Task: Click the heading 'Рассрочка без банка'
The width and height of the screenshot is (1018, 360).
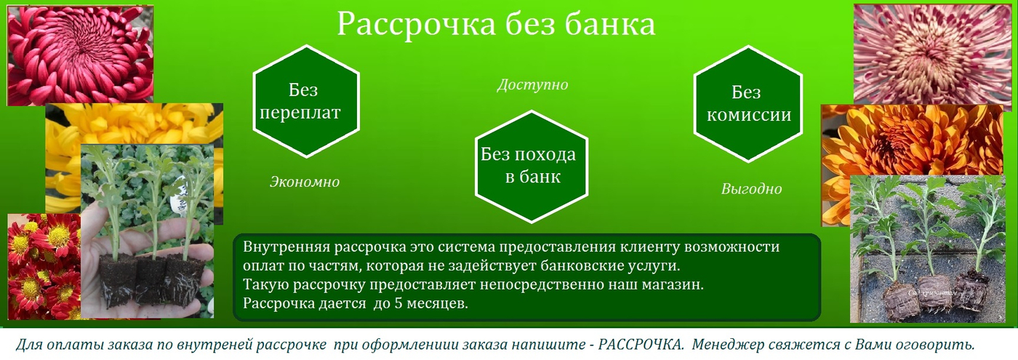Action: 496,25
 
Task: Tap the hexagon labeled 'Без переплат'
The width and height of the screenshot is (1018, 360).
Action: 306,101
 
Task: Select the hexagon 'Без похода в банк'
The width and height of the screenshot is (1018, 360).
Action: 532,167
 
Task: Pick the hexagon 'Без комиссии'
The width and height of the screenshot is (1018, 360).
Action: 748,104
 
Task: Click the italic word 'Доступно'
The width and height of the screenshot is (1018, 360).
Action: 532,85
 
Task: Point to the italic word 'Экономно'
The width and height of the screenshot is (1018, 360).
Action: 305,182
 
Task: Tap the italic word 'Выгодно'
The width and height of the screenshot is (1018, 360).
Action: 751,189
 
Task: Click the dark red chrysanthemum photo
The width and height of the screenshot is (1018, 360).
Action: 81,55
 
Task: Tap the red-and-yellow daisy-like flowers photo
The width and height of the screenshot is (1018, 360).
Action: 44,267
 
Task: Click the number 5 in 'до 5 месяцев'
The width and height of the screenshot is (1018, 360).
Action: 398,303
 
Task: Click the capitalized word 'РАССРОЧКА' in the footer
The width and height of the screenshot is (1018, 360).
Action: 641,345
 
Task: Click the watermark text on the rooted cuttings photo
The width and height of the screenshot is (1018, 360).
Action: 932,292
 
